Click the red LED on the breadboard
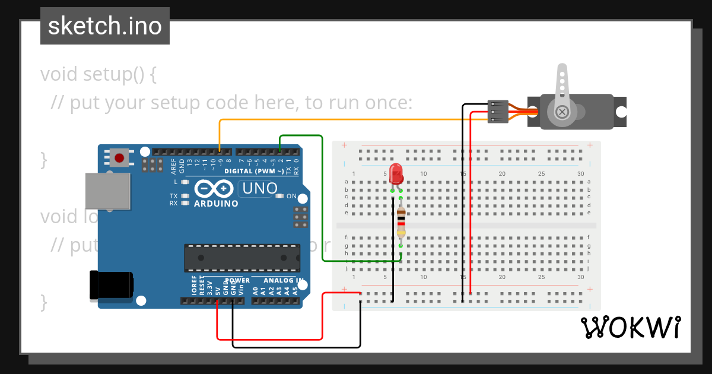pyautogui.click(x=397, y=173)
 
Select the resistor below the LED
pyautogui.click(x=401, y=223)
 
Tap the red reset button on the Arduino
pyautogui.click(x=120, y=158)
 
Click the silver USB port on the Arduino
pyautogui.click(x=107, y=191)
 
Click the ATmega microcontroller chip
pyautogui.click(x=241, y=257)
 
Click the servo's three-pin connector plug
pyautogui.click(x=498, y=111)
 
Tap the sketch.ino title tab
pyautogui.click(x=105, y=26)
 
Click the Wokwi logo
pyautogui.click(x=630, y=328)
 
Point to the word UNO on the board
pyautogui.click(x=258, y=189)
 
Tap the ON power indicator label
pyautogui.click(x=291, y=196)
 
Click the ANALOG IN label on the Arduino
pyautogui.click(x=283, y=280)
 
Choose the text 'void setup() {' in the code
pyautogui.click(x=98, y=75)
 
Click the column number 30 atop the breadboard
pyautogui.click(x=580, y=173)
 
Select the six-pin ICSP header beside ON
pyautogui.click(x=301, y=217)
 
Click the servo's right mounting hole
pyautogui.click(x=621, y=111)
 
